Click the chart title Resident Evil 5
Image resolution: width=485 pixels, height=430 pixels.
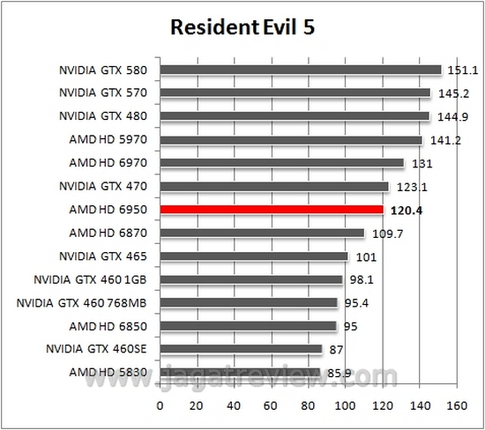coord(242,28)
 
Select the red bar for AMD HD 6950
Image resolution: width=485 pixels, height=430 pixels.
coord(272,210)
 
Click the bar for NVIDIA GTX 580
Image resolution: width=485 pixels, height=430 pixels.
coord(300,70)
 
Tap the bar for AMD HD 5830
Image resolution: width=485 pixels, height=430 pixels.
coord(240,373)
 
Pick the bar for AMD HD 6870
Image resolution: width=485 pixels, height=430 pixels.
coord(262,233)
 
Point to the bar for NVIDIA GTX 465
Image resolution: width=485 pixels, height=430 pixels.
coord(254,256)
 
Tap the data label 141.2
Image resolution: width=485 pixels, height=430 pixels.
coord(441,139)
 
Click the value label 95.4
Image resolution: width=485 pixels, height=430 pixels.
coord(355,303)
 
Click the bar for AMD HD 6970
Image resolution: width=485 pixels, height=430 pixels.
coord(281,163)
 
